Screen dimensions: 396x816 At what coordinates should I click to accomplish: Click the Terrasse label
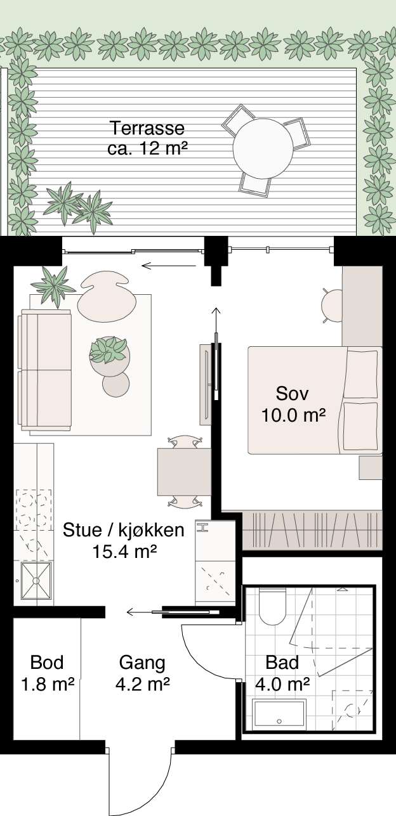147,128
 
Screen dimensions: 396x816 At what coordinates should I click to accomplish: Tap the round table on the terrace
263,148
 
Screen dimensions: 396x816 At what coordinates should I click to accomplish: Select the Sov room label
293,394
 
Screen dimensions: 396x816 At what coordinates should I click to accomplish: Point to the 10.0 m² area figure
294,415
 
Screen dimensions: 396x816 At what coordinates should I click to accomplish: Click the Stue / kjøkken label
124,530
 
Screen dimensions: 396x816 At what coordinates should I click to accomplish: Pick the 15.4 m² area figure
124,551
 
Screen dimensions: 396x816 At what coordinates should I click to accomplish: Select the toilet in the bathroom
272,607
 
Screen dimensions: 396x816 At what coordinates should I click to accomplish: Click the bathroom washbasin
279,712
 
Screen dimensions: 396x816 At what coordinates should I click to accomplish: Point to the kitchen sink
36,581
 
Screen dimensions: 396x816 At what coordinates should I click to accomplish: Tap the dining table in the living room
184,472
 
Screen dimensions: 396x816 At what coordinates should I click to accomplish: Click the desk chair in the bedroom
331,306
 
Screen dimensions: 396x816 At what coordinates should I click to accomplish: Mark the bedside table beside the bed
371,468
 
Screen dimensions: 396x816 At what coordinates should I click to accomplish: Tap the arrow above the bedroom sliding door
216,321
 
